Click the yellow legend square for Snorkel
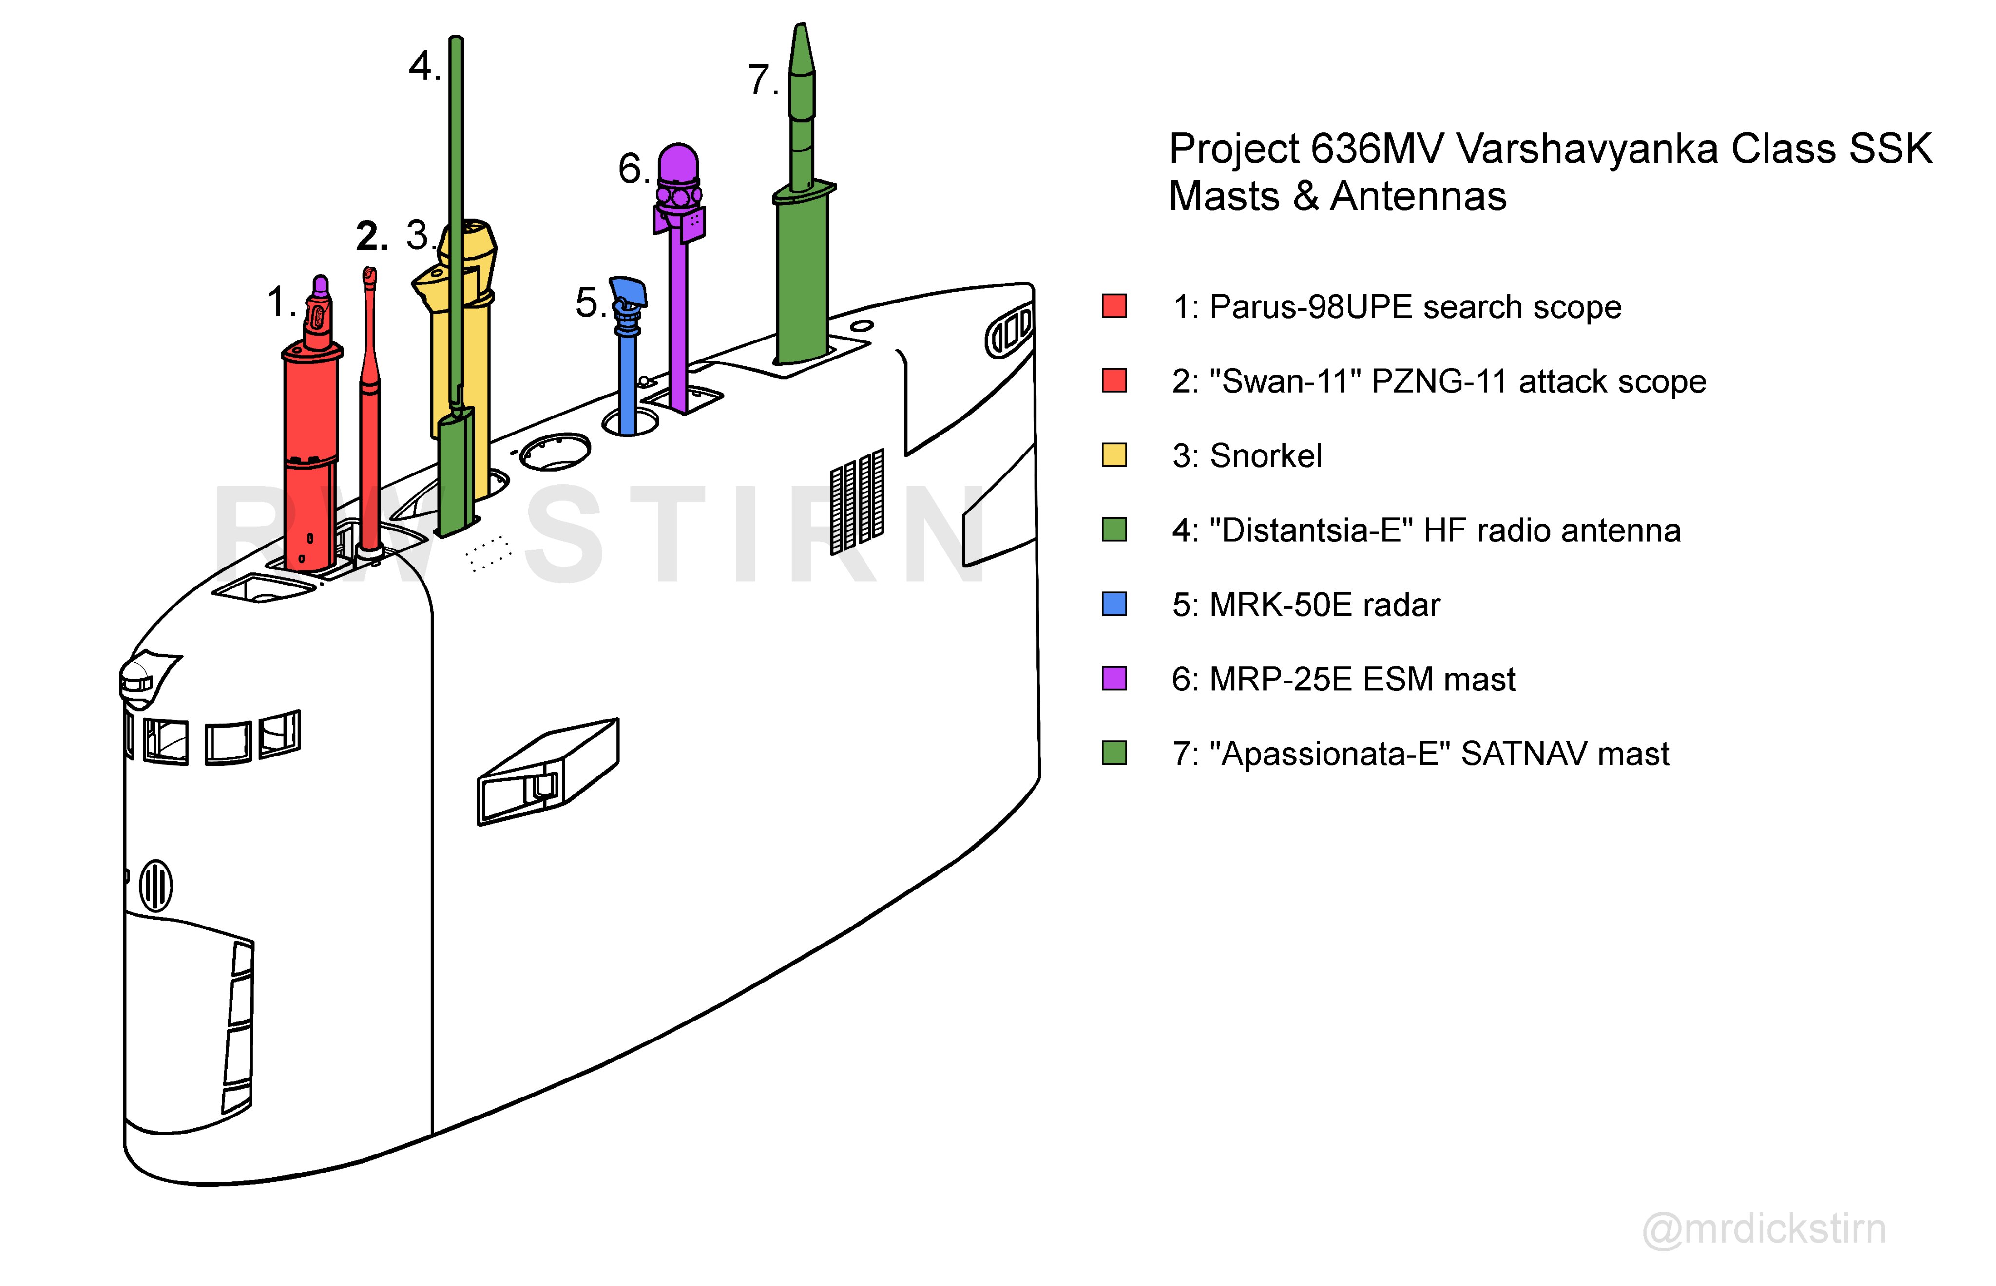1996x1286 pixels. coord(1114,455)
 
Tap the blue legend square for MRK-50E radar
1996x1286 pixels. coord(1114,604)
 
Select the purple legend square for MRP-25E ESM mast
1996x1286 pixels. coord(1114,678)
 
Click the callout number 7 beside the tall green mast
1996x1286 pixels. coord(760,81)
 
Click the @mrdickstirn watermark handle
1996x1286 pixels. coord(1764,1229)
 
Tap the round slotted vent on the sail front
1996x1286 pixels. coord(155,885)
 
